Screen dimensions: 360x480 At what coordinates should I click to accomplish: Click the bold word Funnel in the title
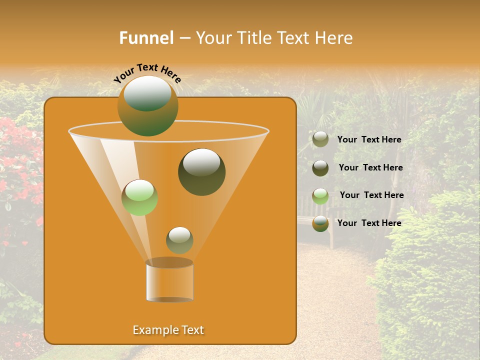tap(146, 38)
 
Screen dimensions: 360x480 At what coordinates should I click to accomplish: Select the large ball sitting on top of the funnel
tap(147, 106)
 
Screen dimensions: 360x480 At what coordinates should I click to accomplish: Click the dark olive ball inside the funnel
tap(201, 172)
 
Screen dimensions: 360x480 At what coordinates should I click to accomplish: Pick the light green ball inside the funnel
tap(139, 197)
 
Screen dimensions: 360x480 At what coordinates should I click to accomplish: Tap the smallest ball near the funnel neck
tap(179, 240)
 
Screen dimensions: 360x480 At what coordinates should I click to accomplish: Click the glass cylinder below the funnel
tap(169, 281)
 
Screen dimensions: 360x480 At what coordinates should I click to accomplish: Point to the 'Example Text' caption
tap(168, 330)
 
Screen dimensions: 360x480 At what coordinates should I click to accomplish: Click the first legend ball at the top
tap(320, 139)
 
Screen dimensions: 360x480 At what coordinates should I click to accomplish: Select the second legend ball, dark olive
tap(320, 168)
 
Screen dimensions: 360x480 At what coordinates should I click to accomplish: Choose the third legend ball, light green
tap(320, 196)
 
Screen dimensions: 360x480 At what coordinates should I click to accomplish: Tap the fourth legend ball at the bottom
tap(320, 223)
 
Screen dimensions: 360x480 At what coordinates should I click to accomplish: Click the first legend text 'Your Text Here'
tap(369, 140)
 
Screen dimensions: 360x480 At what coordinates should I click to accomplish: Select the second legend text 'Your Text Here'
tap(370, 168)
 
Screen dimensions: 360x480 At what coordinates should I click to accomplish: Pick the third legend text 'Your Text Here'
tap(371, 195)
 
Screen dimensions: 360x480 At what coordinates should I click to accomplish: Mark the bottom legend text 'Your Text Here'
tap(369, 223)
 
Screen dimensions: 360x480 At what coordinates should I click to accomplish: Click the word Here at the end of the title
tap(334, 38)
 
